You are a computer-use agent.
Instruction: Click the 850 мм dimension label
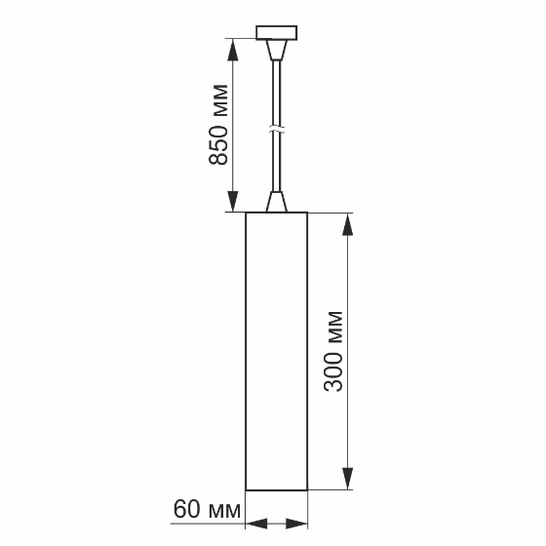tap(218, 125)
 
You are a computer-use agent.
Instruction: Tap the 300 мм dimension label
tap(333, 352)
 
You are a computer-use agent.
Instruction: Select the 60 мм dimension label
tap(207, 509)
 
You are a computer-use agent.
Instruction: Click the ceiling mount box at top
tap(277, 33)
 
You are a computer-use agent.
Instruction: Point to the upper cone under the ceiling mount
tap(277, 50)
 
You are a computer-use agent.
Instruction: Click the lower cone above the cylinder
tap(277, 201)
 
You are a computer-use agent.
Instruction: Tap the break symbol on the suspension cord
tap(277, 131)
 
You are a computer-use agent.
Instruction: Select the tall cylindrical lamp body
tap(277, 351)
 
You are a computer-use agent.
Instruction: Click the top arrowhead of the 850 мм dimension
tap(233, 50)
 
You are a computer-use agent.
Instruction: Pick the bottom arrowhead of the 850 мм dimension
tap(233, 201)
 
